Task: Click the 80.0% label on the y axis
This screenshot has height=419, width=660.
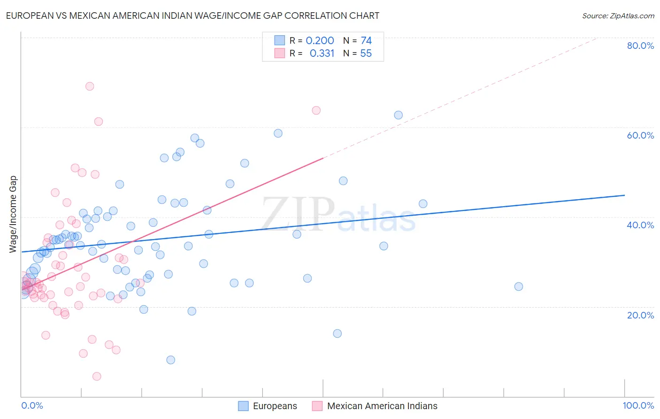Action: tap(640, 46)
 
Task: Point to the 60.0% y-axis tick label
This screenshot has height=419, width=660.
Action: tap(640, 135)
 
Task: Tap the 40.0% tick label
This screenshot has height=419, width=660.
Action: tap(640, 225)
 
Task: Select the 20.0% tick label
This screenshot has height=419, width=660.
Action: tap(640, 315)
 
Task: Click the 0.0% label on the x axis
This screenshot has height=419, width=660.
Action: tap(32, 405)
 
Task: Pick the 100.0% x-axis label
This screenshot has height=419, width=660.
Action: tap(638, 405)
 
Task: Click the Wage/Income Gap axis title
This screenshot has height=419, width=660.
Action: tap(13, 214)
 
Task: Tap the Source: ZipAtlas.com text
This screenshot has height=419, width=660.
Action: tap(618, 16)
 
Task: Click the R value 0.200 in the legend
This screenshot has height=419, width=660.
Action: tap(320, 41)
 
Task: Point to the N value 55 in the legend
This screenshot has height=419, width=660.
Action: tap(366, 54)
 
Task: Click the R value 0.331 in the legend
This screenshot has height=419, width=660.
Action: tap(322, 54)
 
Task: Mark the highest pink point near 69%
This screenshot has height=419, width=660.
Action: tap(90, 86)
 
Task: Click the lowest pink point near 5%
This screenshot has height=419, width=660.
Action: tap(97, 376)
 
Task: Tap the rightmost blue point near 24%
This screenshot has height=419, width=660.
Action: tap(518, 287)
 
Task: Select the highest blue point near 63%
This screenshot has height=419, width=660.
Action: tap(398, 115)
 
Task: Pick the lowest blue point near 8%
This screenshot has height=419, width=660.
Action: tap(170, 360)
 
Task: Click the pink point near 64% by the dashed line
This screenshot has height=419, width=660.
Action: tap(316, 110)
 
